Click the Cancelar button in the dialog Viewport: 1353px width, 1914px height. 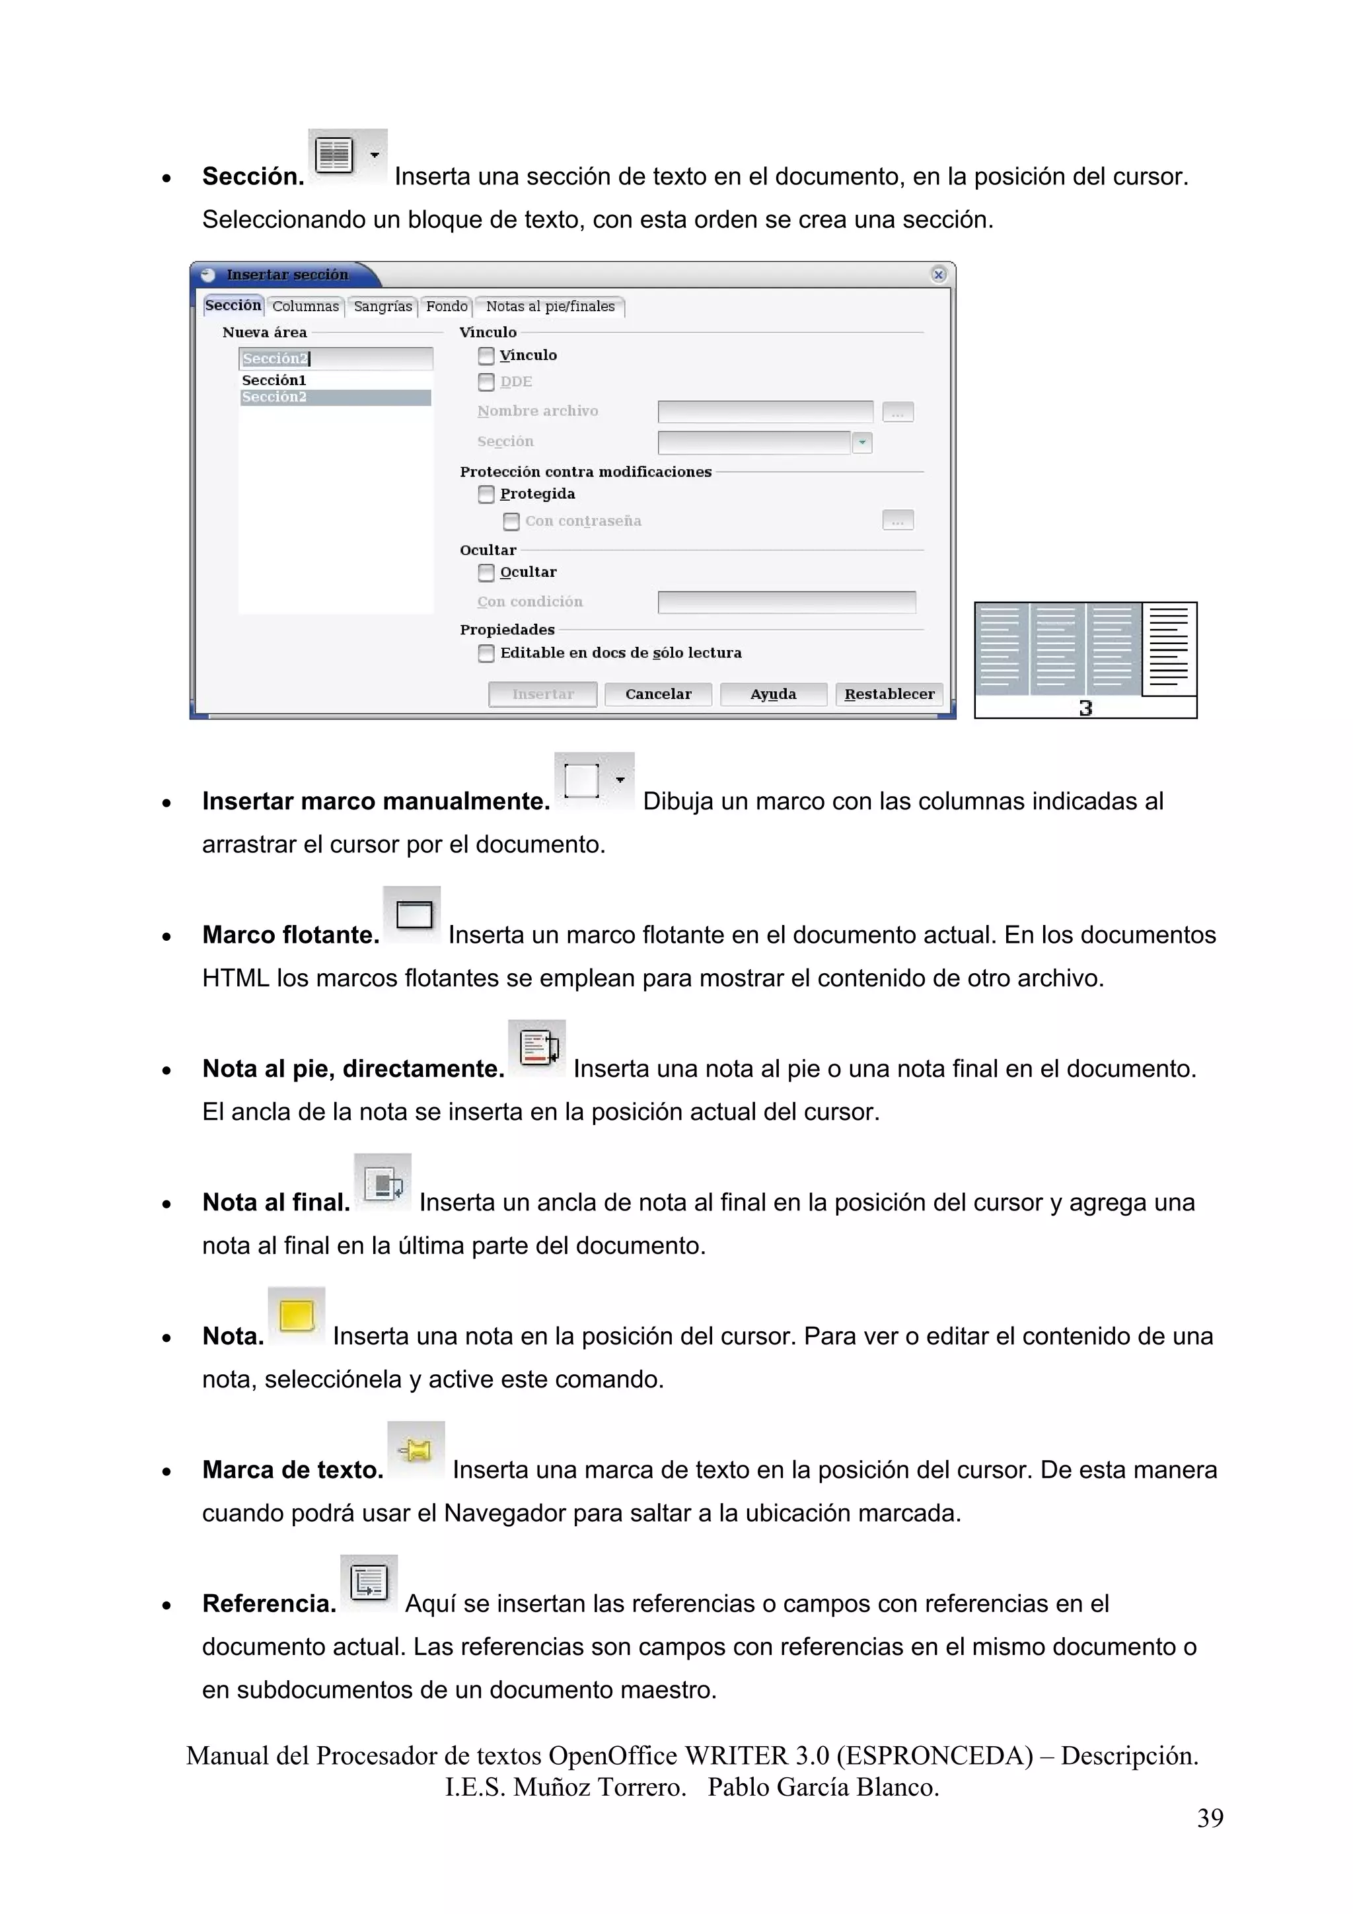click(658, 694)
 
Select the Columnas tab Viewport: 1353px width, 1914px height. click(305, 307)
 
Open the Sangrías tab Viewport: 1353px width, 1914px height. click(383, 307)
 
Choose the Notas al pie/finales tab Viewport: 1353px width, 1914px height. click(550, 307)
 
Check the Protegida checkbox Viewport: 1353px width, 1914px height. click(486, 494)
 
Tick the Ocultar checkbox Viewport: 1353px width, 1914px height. click(486, 573)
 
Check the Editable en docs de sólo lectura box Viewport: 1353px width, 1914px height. click(486, 653)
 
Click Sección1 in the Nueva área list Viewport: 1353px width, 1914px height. click(274, 380)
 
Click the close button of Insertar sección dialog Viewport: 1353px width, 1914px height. click(939, 274)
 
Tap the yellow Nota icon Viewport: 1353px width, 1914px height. click(296, 1316)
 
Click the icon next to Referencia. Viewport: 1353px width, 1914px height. click(369, 1584)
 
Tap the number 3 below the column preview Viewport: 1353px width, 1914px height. click(1085, 708)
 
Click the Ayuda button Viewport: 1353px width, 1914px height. click(773, 694)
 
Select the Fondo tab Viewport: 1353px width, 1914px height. click(447, 307)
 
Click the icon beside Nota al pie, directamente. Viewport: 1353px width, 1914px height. click(537, 1049)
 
